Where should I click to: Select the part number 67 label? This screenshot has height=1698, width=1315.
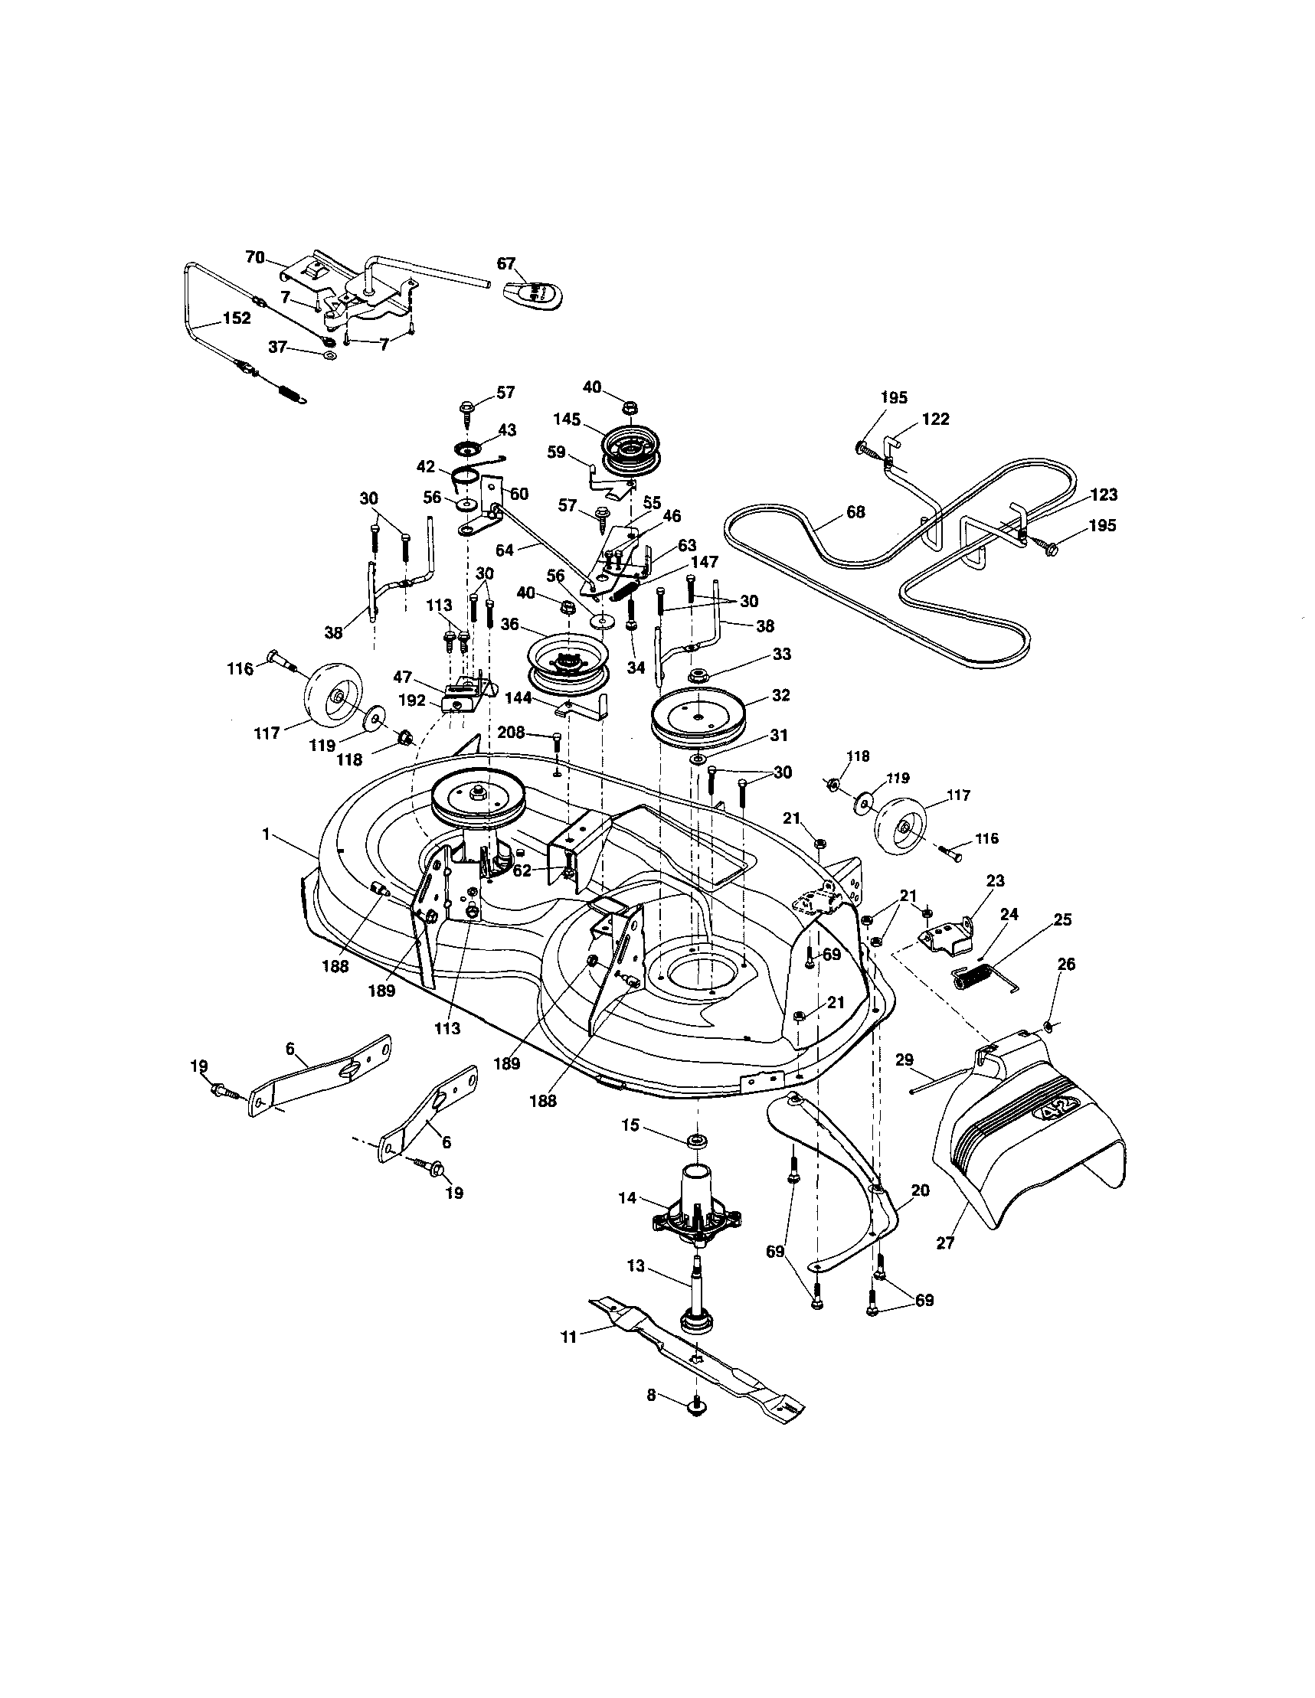tap(506, 263)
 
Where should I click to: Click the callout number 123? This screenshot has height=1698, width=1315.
tap(1104, 495)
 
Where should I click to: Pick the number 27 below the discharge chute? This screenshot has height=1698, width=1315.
tap(945, 1243)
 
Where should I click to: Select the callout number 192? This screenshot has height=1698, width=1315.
tap(412, 700)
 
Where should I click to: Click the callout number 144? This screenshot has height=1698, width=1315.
tap(518, 698)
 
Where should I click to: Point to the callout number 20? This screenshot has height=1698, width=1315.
tap(920, 1190)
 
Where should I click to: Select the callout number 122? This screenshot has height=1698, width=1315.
tap(935, 419)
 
